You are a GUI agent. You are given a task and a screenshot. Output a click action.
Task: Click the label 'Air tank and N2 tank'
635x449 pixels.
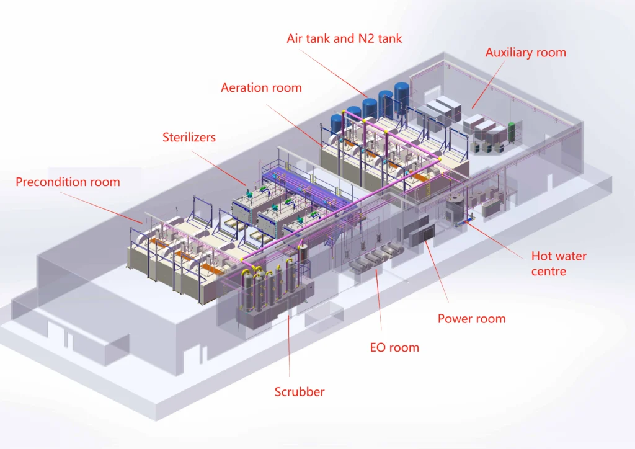pyautogui.click(x=344, y=38)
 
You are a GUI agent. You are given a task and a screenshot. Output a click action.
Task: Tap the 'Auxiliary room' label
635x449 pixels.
pyautogui.click(x=525, y=53)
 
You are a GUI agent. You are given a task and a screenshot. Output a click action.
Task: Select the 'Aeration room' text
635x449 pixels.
pyautogui.click(x=261, y=87)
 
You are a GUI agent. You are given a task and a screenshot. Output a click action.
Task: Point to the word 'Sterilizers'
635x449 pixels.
pyautogui.click(x=189, y=137)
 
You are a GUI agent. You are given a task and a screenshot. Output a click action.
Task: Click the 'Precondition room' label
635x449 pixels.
pyautogui.click(x=68, y=182)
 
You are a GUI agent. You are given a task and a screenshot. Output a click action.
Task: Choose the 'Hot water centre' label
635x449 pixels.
pyautogui.click(x=558, y=263)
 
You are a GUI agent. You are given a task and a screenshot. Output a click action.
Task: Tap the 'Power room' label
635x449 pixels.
pyautogui.click(x=471, y=319)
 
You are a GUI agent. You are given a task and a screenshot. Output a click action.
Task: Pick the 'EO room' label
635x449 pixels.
pyautogui.click(x=394, y=347)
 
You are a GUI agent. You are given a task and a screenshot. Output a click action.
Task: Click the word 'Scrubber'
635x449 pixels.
pyautogui.click(x=300, y=391)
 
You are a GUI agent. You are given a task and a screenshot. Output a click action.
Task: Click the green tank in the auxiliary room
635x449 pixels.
pyautogui.click(x=512, y=132)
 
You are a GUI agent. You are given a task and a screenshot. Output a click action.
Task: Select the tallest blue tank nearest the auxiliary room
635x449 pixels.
pyautogui.click(x=402, y=96)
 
